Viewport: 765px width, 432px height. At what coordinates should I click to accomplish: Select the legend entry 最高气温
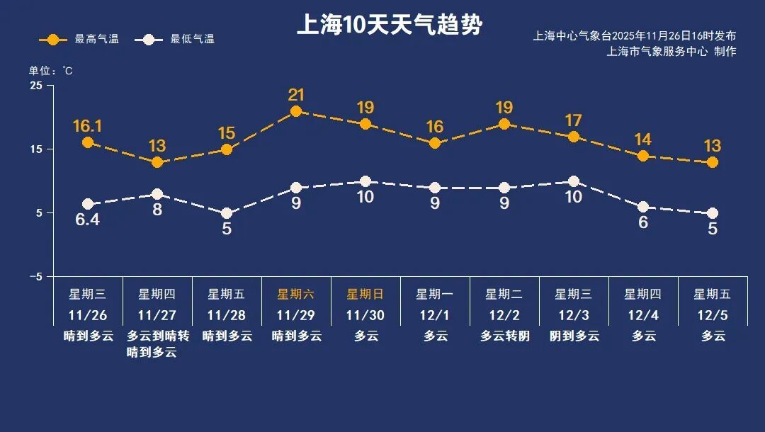coord(79,40)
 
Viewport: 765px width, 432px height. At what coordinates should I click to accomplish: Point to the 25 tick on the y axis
coord(36,86)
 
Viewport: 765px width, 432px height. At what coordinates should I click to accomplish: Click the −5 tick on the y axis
coord(35,276)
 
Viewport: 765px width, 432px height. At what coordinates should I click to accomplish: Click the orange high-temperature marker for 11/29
coord(296,111)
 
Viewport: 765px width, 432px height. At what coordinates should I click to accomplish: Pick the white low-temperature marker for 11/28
coord(227,213)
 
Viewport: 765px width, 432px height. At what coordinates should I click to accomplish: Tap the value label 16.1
coord(88,127)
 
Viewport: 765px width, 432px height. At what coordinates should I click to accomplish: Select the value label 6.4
coord(88,220)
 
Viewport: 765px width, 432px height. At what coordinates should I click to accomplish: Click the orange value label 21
coord(296,95)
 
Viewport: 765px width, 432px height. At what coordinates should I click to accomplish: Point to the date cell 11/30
coord(365,314)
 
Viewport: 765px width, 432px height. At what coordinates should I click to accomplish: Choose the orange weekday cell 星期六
coord(296,294)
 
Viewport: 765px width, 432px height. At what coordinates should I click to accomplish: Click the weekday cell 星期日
coord(365,294)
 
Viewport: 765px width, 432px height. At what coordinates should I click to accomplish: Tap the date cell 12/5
coord(713,314)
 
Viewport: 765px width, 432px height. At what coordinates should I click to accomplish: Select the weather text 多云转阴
coord(504,336)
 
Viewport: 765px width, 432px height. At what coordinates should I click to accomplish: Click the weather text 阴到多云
coord(574,336)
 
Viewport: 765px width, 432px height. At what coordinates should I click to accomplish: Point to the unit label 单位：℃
coord(51,71)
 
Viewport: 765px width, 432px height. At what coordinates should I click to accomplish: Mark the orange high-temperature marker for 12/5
coord(713,162)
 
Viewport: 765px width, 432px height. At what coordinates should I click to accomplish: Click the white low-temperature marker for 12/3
coord(574,181)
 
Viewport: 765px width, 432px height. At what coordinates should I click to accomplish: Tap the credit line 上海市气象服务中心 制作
coord(671,51)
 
